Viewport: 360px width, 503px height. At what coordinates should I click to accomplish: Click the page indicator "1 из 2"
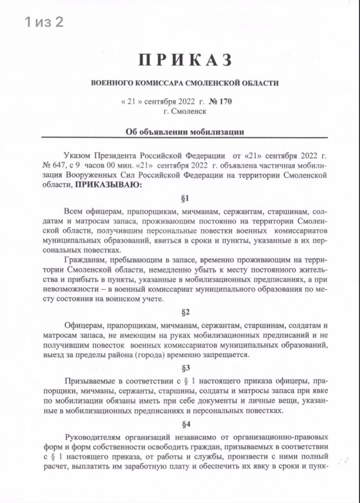pyautogui.click(x=44, y=22)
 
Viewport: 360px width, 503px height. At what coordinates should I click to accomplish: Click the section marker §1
pyautogui.click(x=186, y=199)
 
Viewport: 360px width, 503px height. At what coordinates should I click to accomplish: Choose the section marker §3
pyautogui.click(x=186, y=368)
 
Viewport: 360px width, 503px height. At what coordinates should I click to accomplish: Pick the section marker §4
pyautogui.click(x=186, y=424)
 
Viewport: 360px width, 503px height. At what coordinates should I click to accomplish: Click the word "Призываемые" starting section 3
pyautogui.click(x=90, y=382)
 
